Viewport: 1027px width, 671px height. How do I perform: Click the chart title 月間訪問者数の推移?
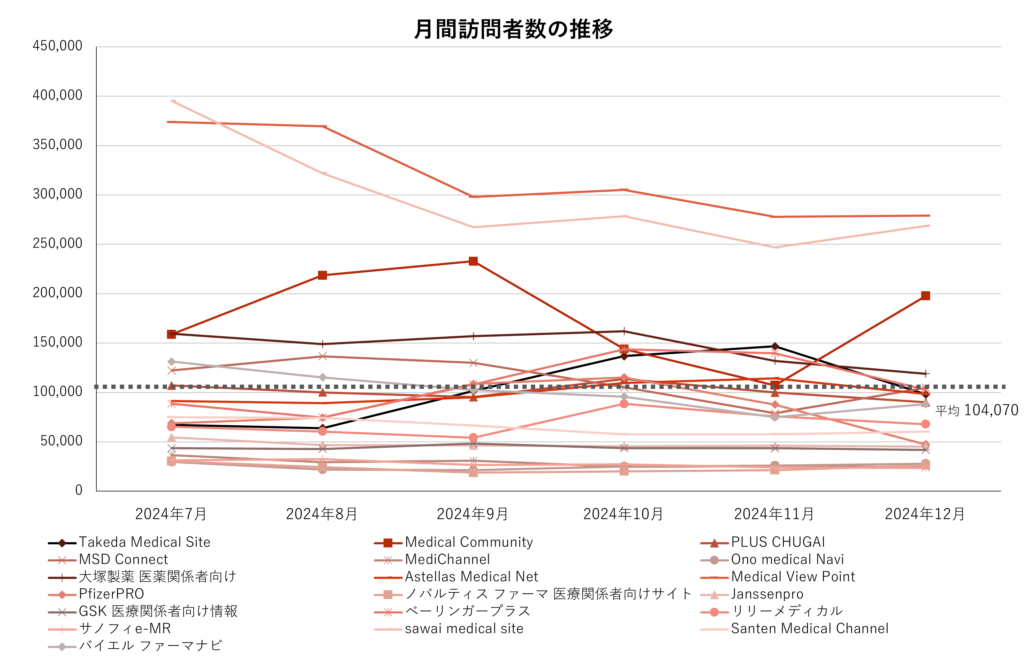tap(513, 29)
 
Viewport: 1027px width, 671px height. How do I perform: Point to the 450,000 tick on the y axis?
tap(57, 46)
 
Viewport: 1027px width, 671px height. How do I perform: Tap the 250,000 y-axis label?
tap(57, 244)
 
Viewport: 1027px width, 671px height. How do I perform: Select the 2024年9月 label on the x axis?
tap(473, 514)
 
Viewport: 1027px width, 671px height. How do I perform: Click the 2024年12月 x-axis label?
tap(925, 514)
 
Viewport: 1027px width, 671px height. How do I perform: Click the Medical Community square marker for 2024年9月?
tap(473, 261)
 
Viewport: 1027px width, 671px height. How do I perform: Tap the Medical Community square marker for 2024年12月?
tap(925, 296)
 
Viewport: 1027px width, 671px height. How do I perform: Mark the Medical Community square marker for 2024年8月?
tap(322, 275)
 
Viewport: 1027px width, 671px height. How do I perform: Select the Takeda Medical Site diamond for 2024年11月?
tap(775, 346)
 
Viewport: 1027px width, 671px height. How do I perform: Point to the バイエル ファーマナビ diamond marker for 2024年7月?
tap(171, 362)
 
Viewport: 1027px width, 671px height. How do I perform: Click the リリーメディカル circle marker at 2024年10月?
tap(624, 404)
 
